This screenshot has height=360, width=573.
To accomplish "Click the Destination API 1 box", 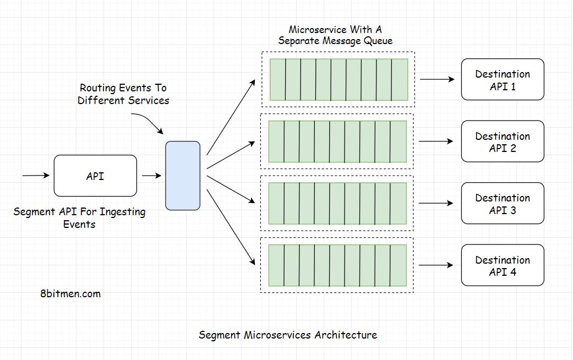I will tap(502, 80).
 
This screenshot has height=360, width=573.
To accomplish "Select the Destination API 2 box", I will tap(502, 141).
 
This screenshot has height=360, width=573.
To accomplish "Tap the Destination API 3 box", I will tap(502, 204).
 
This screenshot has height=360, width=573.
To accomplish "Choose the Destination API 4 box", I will tap(502, 265).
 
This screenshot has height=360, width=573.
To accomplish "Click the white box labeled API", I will tap(95, 176).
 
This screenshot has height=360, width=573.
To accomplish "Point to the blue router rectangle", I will tap(183, 176).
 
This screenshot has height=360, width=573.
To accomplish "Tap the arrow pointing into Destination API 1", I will tap(438, 79).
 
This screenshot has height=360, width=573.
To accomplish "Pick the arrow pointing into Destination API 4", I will tap(436, 265).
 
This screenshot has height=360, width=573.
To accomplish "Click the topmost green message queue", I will tap(339, 79).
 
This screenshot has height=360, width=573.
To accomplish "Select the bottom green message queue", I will tap(337, 265).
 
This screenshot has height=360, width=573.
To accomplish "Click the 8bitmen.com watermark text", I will tap(70, 293).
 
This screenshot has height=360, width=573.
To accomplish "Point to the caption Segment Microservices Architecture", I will tap(287, 335).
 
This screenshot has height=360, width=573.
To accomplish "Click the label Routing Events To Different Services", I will tap(123, 94).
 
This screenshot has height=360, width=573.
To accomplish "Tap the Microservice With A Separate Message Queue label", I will tap(335, 35).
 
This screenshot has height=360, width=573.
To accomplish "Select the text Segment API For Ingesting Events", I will tap(79, 217).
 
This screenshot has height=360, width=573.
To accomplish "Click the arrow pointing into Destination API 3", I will tap(436, 204).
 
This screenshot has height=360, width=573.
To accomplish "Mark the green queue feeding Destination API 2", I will tap(337, 141).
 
